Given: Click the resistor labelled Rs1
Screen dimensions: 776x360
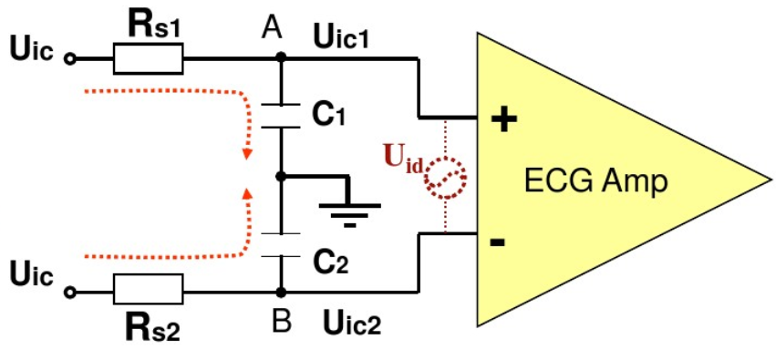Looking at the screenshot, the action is point(148,58).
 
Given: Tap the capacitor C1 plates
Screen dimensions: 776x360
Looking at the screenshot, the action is point(281,117).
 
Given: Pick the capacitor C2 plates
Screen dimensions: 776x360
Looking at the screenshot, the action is point(281,245).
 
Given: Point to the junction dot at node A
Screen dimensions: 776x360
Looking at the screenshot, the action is point(281,57).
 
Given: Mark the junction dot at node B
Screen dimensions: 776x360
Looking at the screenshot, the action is point(281,292).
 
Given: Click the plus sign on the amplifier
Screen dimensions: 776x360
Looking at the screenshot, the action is point(503,119).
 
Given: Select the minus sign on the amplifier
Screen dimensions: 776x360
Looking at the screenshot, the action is point(497,242).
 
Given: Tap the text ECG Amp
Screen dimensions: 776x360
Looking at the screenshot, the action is point(595,182).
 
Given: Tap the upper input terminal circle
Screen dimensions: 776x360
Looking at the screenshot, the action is point(70,59).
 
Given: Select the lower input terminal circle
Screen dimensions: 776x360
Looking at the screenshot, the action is point(70,293).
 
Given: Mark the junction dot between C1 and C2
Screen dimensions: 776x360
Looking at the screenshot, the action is point(281,176).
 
